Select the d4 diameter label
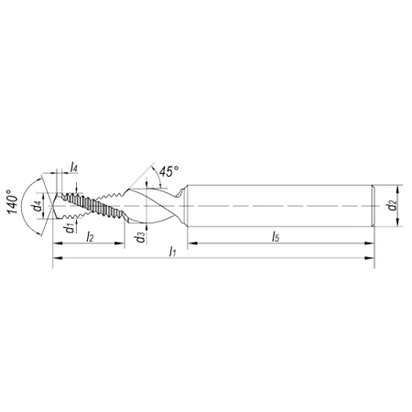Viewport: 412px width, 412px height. (x=38, y=206)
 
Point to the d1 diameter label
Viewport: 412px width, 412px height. (x=70, y=228)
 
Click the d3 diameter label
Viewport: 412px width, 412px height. (x=141, y=237)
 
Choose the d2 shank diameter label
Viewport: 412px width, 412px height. (x=392, y=205)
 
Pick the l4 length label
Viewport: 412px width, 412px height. (x=74, y=168)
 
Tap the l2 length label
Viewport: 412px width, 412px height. (x=90, y=236)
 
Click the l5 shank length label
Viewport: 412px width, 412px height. (x=276, y=236)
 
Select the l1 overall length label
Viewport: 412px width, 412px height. (x=173, y=252)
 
